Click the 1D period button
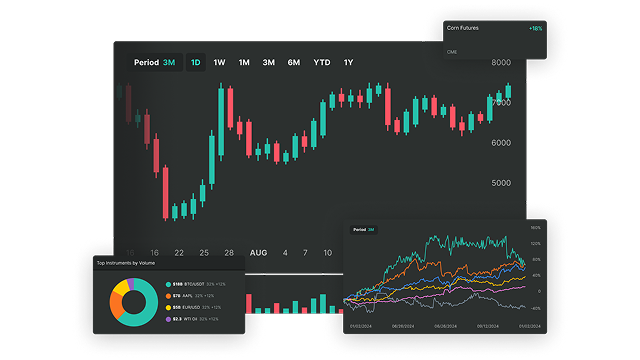[x=195, y=63]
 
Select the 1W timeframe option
[x=219, y=63]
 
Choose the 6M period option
[x=294, y=63]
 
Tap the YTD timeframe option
[x=321, y=63]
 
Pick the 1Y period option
[x=348, y=63]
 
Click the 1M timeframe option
[x=244, y=63]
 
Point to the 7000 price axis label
[x=501, y=103]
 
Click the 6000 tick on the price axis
[x=501, y=143]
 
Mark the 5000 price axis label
[x=501, y=183]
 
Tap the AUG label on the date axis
[x=259, y=253]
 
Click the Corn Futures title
[x=464, y=28]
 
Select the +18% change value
[x=536, y=28]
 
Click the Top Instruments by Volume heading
[x=128, y=263]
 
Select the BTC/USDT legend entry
[x=186, y=285]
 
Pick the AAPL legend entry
[x=184, y=296]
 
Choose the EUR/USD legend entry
[x=186, y=307]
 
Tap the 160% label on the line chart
[x=535, y=228]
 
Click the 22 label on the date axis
[x=178, y=253]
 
